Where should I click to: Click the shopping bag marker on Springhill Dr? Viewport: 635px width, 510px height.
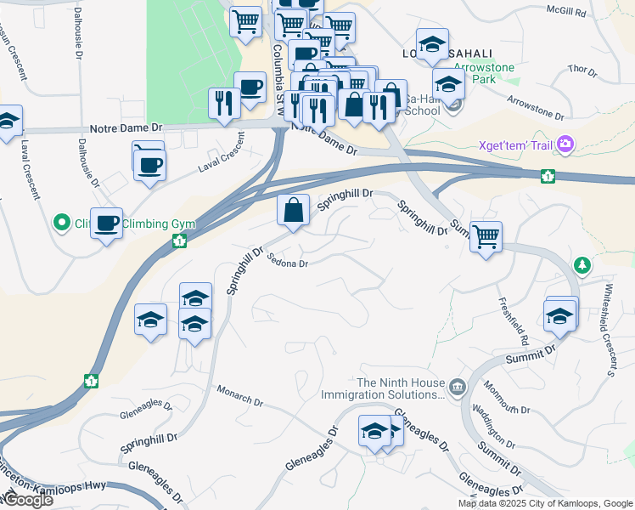tap(293, 211)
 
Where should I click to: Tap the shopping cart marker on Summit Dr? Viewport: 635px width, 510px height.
tap(486, 235)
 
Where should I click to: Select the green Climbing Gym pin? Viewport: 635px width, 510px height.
tap(61, 224)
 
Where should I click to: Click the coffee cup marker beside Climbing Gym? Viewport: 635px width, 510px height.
tap(106, 223)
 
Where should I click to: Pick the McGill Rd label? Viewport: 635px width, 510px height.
tap(566, 12)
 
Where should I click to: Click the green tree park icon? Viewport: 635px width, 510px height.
tap(582, 264)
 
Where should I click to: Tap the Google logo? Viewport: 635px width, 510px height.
tap(28, 500)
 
